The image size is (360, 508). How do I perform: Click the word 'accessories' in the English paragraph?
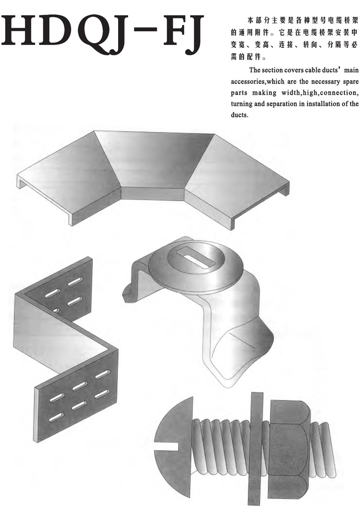coord(248,82)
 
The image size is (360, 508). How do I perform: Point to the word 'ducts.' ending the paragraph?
coord(239,115)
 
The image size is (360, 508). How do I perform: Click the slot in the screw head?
coord(167,446)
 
